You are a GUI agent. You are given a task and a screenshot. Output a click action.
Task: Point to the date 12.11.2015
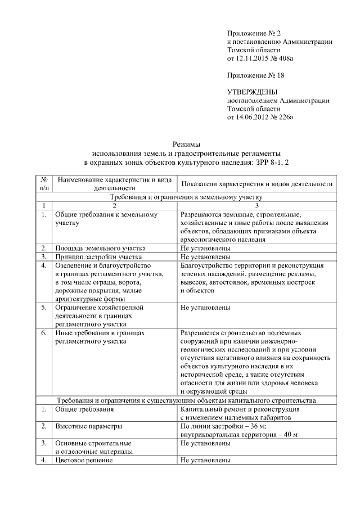(252, 58)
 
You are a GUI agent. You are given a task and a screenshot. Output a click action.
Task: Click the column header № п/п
(43, 184)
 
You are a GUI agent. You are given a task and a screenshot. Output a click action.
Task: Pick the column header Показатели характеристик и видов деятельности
(257, 184)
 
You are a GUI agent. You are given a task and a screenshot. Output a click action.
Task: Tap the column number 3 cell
(257, 206)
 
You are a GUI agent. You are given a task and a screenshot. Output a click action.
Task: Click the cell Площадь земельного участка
(100, 248)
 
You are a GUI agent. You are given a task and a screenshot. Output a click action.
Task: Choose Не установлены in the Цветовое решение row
(205, 461)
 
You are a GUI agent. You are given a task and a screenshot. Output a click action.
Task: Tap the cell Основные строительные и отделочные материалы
(93, 447)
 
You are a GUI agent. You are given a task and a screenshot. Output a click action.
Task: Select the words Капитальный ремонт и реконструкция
(241, 409)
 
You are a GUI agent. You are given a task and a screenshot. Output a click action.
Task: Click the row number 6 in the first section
(43, 333)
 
